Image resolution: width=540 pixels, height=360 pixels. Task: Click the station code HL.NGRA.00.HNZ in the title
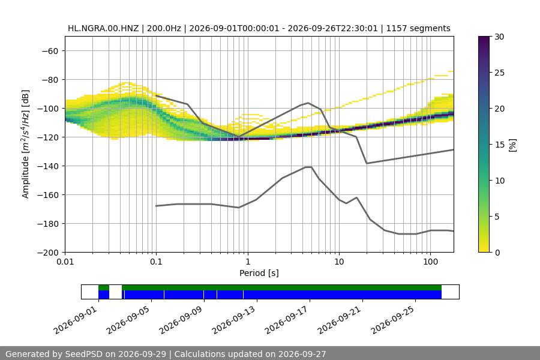(103, 28)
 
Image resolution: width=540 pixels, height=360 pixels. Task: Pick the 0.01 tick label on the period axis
(65, 262)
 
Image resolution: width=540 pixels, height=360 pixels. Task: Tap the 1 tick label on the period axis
(248, 262)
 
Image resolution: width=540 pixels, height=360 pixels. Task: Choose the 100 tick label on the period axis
(430, 262)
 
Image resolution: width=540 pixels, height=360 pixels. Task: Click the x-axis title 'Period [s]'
(259, 273)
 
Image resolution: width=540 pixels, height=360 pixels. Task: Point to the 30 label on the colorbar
(499, 37)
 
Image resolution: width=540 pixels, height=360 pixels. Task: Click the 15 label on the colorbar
(499, 145)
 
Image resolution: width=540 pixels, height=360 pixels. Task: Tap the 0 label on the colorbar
(497, 253)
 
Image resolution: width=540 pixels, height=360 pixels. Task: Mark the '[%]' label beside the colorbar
(513, 145)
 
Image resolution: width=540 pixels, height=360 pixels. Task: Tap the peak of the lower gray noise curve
(308, 167)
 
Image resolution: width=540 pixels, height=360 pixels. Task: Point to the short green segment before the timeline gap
(104, 287)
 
